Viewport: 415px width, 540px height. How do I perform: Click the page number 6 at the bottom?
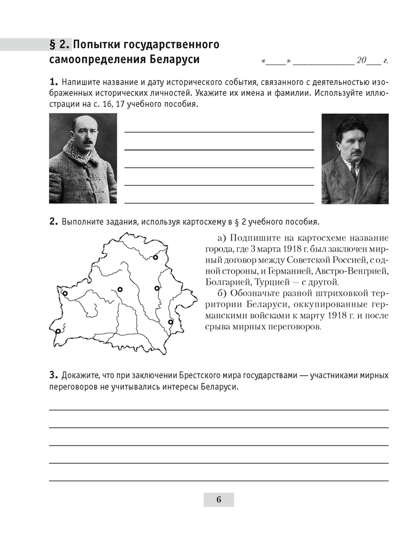tap(218, 500)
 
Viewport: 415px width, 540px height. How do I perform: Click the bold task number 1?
tap(53, 83)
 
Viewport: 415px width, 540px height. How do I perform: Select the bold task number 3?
tap(53, 375)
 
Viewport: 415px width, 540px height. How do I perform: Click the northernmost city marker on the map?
tap(155, 258)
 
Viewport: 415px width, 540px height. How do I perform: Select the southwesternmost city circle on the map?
tap(58, 331)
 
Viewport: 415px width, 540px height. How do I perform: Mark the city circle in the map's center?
tap(120, 289)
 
